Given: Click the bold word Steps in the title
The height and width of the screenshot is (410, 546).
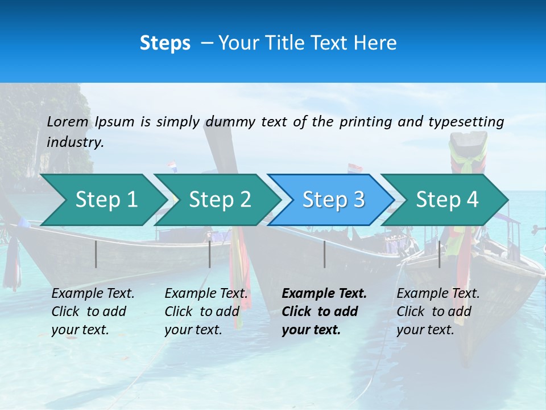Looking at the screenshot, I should tap(165, 43).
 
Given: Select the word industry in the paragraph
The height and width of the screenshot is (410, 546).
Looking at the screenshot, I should tap(75, 142).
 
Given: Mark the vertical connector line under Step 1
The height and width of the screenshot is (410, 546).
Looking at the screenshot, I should tap(96, 254).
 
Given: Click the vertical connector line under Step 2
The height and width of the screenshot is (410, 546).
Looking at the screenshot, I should tap(210, 254).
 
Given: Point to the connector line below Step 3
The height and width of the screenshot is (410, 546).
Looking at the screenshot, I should tap(324, 254).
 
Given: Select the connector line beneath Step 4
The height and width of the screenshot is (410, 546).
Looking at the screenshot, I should tap(439, 254).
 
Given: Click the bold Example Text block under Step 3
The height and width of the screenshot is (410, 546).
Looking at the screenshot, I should tap(324, 311).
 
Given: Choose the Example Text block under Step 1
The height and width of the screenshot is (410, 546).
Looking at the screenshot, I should tap(93, 311).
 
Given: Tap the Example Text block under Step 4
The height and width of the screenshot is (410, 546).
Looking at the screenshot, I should tap(438, 311).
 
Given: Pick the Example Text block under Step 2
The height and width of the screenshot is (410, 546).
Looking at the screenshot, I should tap(206, 311).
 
